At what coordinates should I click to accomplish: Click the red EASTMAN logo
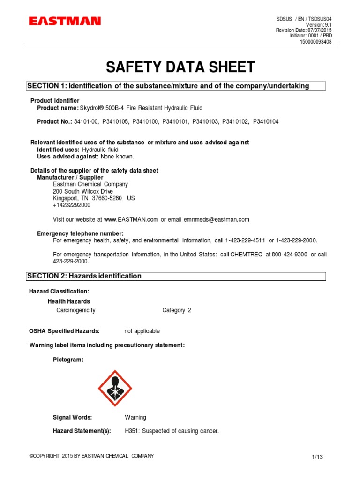pos(65,21)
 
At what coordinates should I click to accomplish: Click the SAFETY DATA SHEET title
pos(180,67)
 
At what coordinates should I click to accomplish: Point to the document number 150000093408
pos(316,42)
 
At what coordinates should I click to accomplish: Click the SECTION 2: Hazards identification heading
pos(84,276)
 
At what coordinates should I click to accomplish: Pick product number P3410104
pos(266,121)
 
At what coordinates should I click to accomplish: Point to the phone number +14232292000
pos(72,205)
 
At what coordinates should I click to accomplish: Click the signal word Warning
pos(135,417)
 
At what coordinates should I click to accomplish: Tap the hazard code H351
pos(132,431)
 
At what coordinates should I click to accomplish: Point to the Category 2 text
pos(177,310)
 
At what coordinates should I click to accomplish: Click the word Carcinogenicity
pos(76,310)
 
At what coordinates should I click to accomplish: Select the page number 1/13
pos(317,457)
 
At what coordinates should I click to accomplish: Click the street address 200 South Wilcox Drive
pos(83,191)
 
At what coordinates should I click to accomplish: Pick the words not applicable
pos(142,331)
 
